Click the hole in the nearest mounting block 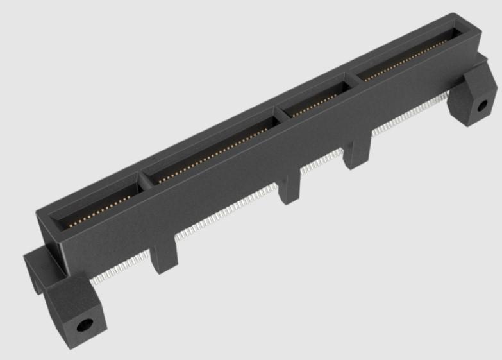tap(83, 324)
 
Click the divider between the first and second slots tap(144, 179)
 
